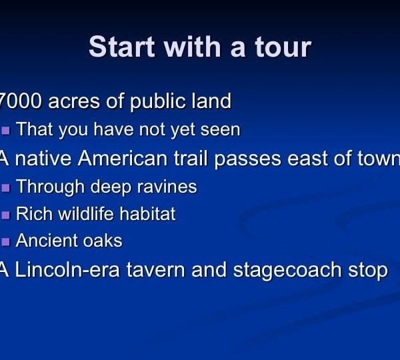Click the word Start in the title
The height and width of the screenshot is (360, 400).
[122, 47]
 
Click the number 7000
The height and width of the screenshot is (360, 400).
[21, 101]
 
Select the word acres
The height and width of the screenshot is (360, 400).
[74, 101]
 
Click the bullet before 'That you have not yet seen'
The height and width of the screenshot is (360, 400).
[5, 131]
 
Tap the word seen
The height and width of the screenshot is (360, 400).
[221, 130]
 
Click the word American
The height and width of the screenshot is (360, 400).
[123, 158]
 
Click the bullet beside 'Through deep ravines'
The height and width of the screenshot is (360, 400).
[5, 188]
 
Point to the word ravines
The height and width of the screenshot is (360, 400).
[167, 187]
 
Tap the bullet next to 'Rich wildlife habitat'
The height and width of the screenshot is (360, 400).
[5, 215]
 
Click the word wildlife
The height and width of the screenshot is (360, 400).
[86, 213]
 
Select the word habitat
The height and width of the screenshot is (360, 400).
[148, 213]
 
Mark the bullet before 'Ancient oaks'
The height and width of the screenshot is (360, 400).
[5, 242]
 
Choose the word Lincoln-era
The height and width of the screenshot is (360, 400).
[67, 270]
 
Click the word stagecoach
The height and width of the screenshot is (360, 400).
[287, 271]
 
